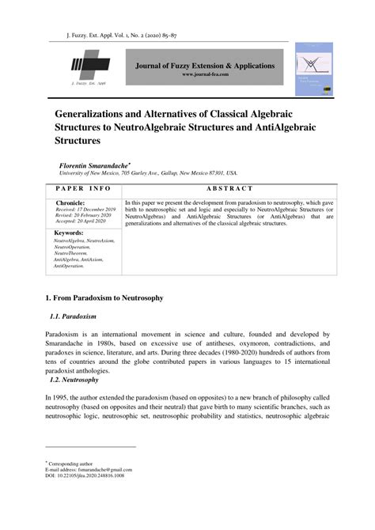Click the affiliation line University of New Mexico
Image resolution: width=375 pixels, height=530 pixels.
point(149,172)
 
